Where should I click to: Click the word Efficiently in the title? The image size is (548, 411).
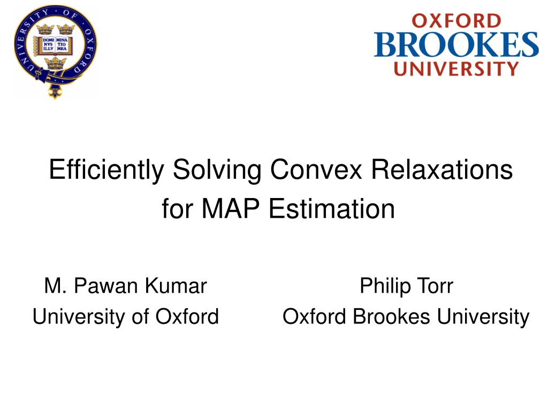[106, 170]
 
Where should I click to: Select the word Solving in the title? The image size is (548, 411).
[217, 170]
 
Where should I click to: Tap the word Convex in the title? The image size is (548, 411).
[316, 169]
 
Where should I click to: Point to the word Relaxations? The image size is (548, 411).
[442, 169]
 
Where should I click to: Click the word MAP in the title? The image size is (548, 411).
[230, 208]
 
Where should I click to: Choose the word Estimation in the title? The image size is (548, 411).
[332, 208]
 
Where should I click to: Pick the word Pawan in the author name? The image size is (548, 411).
[106, 286]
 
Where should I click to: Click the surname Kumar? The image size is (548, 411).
[176, 286]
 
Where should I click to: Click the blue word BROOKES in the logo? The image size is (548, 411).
[456, 44]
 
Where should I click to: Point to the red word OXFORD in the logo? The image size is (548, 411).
[456, 21]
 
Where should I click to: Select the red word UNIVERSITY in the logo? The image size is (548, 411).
[456, 68]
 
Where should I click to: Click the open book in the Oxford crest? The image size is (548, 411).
[54, 45]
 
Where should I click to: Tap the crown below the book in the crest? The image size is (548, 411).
[55, 63]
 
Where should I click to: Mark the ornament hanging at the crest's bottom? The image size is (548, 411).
[55, 92]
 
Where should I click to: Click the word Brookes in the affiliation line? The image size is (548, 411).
[391, 317]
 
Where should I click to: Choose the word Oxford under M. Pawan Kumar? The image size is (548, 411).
[187, 317]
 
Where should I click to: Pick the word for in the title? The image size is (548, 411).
[177, 208]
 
